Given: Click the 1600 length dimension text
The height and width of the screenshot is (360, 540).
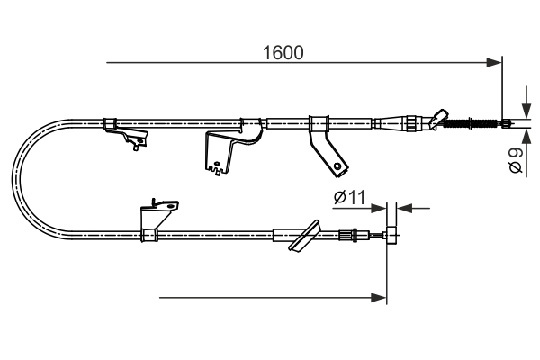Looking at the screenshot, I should [283, 52].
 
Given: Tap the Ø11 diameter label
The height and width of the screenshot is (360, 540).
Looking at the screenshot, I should [347, 196].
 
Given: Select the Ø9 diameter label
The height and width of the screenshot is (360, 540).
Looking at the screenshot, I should [516, 161].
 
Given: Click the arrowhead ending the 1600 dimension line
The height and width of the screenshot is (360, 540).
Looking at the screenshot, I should [494, 63].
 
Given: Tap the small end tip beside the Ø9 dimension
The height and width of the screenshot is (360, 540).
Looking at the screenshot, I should [508, 123].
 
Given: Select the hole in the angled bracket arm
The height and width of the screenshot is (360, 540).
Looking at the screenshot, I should [337, 165].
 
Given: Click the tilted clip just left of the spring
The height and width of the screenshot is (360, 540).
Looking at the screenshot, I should [438, 117].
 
